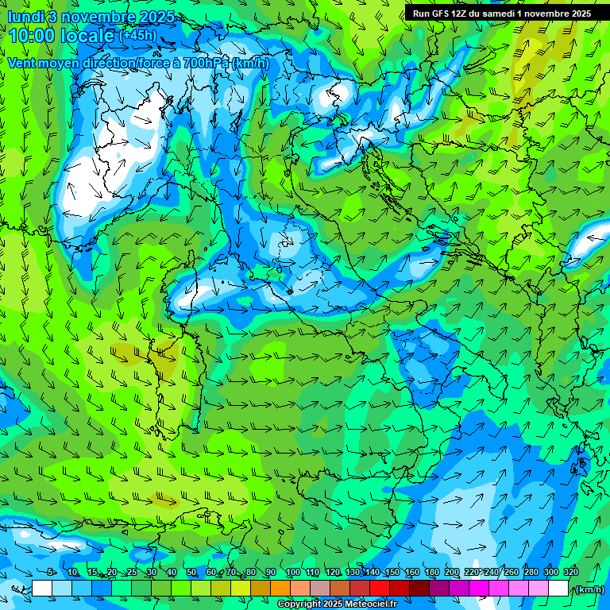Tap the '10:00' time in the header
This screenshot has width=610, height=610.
(33, 36)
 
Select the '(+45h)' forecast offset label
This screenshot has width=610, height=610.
(137, 36)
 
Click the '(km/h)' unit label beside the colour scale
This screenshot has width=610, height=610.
(589, 589)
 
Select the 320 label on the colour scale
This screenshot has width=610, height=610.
(571, 572)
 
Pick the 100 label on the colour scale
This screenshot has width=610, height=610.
(292, 572)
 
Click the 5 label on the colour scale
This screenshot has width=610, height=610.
(52, 572)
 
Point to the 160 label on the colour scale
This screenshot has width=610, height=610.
(412, 572)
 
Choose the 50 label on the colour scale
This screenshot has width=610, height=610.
(191, 572)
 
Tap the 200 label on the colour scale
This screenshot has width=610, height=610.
(452, 572)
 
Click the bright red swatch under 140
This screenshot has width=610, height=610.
(380, 589)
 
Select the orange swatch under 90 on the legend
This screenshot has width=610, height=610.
(280, 589)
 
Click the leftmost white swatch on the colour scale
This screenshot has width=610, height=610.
(42, 589)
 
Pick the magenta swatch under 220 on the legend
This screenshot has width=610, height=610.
(479, 589)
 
